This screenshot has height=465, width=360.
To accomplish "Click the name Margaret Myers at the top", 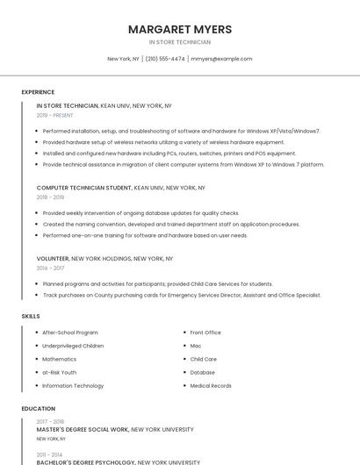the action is tap(179, 29).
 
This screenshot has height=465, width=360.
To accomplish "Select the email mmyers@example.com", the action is tap(221, 59).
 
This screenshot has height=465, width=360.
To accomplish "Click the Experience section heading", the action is tap(38, 92).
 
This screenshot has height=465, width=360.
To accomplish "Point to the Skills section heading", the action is tap(31, 316).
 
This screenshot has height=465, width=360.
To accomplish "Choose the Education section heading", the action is tap(38, 409).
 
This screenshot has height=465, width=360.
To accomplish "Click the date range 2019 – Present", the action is tap(55, 115).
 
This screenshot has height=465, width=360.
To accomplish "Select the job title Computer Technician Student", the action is tap(84, 188).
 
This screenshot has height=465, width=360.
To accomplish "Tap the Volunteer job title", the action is tap(53, 259).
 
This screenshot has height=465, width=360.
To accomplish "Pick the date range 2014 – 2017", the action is tap(50, 268).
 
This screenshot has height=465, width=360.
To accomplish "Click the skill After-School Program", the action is tap(70, 333).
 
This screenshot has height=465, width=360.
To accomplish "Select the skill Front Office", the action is tap(205, 333).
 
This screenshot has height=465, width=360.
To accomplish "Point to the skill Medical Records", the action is tap(211, 385).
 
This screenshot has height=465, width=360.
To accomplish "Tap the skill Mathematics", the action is tap(60, 359).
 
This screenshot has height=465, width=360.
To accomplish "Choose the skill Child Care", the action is tap(203, 359).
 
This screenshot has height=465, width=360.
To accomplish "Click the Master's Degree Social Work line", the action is tap(114, 430).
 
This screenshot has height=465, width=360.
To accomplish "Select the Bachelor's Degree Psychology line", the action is tap(118, 461).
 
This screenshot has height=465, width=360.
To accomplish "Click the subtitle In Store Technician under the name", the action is tap(179, 42).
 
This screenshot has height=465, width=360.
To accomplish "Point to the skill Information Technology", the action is tap(73, 385).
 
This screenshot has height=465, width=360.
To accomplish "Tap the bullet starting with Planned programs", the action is tap(158, 284).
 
